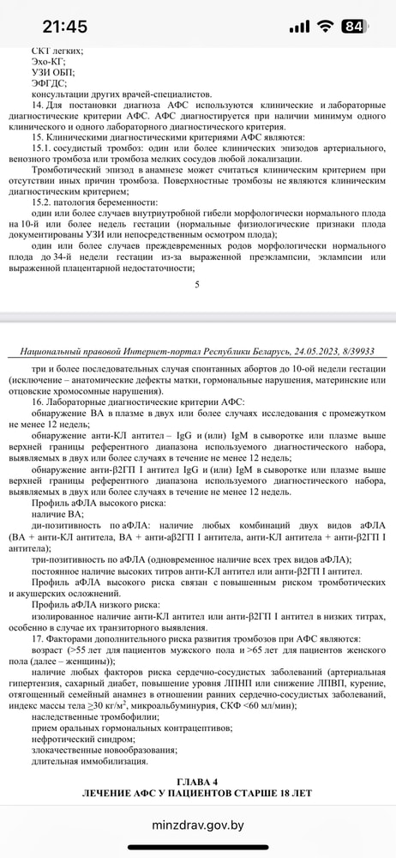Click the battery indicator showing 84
coord(353,27)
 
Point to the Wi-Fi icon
coord(324,27)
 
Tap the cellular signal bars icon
coord(299,27)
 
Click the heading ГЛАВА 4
coord(197,781)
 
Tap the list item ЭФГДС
coord(50,83)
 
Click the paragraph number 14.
coord(37,105)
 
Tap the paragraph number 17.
coord(37,639)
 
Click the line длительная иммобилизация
coord(89,761)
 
